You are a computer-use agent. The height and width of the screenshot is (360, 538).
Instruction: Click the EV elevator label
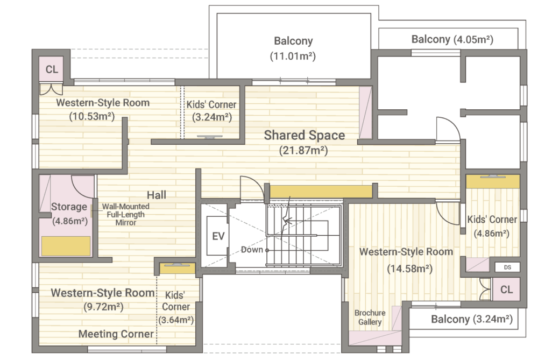218,236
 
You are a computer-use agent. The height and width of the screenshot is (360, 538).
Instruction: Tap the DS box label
507,267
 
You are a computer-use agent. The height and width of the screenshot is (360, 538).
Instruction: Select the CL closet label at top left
52,69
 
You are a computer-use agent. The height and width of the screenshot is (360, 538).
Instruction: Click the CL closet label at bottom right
506,290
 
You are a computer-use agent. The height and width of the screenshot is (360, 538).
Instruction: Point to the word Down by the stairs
252,250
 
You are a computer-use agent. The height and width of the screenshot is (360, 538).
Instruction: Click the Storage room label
69,207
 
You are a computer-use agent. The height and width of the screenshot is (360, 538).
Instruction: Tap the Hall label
157,195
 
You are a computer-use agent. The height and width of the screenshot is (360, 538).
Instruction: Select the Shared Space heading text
305,135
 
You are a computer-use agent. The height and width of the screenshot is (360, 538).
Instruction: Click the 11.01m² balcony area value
293,56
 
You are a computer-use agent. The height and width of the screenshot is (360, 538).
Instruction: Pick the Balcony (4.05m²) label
452,39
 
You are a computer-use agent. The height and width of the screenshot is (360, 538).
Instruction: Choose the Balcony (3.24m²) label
472,319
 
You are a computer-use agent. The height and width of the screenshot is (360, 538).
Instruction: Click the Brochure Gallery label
370,317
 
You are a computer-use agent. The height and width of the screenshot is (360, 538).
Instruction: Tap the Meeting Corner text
116,334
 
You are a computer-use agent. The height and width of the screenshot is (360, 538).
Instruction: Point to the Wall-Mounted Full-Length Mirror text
125,215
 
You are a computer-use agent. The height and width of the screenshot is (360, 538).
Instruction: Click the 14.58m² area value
409,269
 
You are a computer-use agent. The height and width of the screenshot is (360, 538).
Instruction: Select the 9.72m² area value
103,307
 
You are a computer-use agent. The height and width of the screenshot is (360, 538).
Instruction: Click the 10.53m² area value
92,116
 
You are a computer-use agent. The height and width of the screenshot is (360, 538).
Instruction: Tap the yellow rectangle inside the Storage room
66,246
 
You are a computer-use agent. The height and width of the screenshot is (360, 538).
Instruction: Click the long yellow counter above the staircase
321,192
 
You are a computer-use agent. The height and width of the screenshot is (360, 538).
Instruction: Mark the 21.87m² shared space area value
303,150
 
